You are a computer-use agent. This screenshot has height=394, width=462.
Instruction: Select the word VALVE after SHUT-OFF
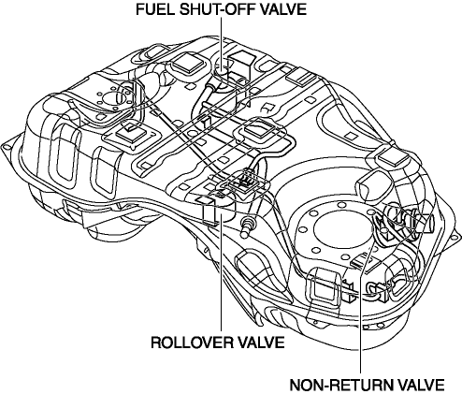pos(283,9)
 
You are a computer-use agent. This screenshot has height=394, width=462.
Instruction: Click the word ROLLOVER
pos(192,343)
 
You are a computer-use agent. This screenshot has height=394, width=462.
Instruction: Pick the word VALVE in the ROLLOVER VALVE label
pos(261,343)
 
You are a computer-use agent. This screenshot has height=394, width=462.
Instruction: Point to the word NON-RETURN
pos(339,385)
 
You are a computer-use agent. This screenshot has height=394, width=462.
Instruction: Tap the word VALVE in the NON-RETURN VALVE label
pos(420,385)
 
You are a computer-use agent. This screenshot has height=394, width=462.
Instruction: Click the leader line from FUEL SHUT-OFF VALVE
pos(222,43)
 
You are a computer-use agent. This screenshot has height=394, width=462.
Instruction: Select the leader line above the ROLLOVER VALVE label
pos(221,272)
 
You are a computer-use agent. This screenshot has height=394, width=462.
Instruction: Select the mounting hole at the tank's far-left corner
pos(7,145)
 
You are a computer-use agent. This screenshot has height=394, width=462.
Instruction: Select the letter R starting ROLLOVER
pos(156,343)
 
